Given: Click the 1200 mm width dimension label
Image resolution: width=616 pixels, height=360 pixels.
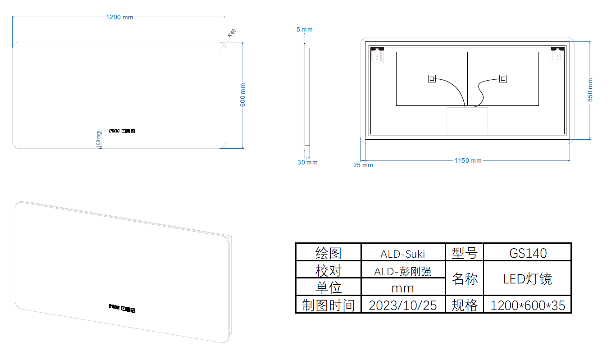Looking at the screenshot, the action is pyautogui.click(x=119, y=17).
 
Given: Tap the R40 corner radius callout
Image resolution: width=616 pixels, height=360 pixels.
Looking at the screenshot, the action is pyautogui.click(x=232, y=33).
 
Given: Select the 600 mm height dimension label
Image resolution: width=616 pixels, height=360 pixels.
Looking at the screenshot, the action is pyautogui.click(x=242, y=95).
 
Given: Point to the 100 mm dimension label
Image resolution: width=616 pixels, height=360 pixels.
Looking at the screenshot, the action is pyautogui.click(x=98, y=139).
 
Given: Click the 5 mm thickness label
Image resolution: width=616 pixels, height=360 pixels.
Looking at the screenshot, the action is pyautogui.click(x=305, y=29).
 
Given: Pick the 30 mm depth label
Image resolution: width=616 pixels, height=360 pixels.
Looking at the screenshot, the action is pyautogui.click(x=307, y=163).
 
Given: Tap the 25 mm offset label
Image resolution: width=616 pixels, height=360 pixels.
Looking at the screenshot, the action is pyautogui.click(x=363, y=165).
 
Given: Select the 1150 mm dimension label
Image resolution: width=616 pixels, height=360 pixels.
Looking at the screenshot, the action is pyautogui.click(x=468, y=160).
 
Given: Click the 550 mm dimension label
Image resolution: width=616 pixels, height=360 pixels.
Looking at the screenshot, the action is pyautogui.click(x=590, y=90).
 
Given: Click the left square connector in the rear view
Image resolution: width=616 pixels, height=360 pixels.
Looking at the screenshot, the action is pyautogui.click(x=432, y=79).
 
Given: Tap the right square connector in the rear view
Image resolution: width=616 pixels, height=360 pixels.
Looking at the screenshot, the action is pyautogui.click(x=503, y=79).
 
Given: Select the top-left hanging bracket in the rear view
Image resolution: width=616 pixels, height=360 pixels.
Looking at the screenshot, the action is pyautogui.click(x=377, y=55).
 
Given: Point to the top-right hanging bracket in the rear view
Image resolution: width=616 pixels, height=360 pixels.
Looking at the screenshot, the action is pyautogui.click(x=557, y=55).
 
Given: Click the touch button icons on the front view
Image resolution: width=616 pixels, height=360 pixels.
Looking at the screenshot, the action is pyautogui.click(x=122, y=131).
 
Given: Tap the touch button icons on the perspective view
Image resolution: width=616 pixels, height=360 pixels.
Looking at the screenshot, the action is pyautogui.click(x=122, y=308).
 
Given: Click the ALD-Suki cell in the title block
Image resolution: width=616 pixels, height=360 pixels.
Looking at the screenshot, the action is pyautogui.click(x=402, y=254).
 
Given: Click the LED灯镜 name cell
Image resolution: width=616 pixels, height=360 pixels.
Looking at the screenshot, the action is pyautogui.click(x=528, y=279).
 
